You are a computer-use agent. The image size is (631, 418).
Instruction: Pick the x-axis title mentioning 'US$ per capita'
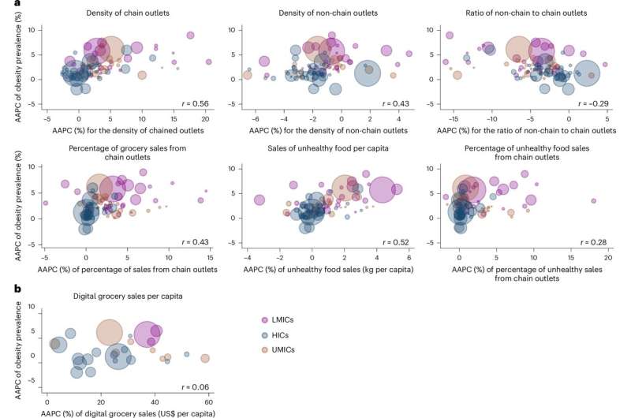[x=122, y=412]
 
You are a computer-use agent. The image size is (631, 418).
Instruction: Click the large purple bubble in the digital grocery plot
[x=147, y=335]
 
